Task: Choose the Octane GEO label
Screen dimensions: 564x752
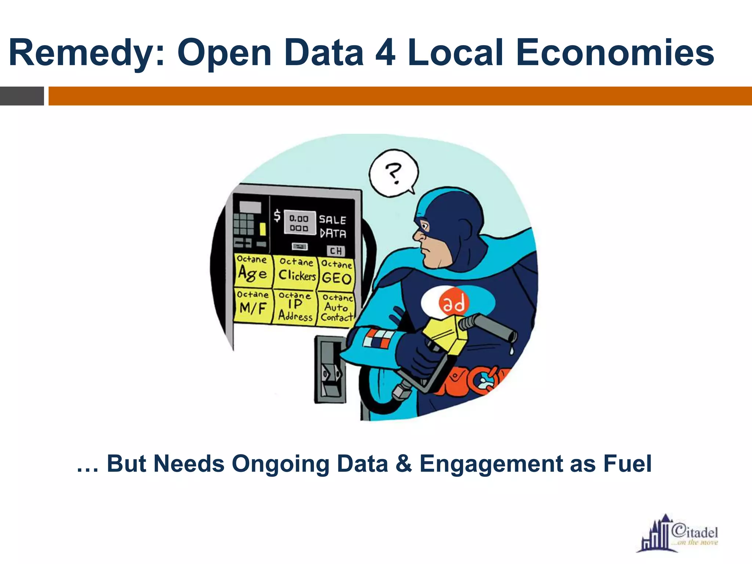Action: (337, 273)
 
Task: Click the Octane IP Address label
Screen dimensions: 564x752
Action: (295, 307)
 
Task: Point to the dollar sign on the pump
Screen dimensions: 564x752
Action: (277, 216)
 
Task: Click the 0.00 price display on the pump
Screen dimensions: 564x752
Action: (299, 223)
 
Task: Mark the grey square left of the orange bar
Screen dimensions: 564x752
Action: (22, 96)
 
